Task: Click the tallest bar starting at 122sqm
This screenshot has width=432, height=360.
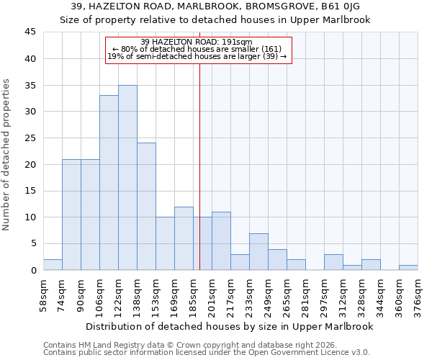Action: [127, 178]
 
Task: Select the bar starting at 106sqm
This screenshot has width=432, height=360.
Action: [109, 183]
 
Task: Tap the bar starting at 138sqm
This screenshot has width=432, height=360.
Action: [146, 207]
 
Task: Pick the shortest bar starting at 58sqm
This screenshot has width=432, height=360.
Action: [53, 265]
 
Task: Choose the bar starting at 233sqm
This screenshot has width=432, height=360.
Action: [258, 252]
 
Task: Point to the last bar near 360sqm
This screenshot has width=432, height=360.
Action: [408, 268]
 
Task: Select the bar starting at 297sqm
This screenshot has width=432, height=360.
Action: [333, 262]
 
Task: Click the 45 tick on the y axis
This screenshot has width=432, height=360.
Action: [30, 32]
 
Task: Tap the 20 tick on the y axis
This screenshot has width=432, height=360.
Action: [30, 164]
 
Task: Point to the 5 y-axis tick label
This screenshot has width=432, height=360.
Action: [33, 244]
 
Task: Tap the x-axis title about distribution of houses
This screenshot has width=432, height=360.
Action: [230, 326]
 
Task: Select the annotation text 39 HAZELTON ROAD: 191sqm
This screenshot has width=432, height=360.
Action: [197, 42]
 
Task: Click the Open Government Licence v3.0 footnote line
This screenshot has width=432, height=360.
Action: [207, 353]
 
